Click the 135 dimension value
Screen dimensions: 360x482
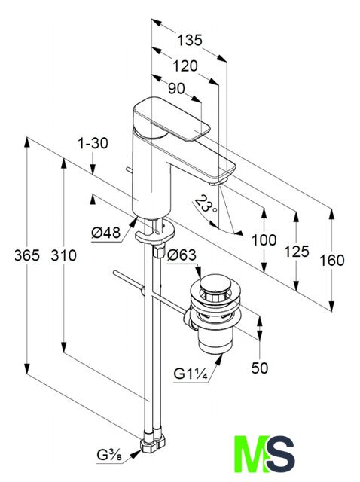pos(190,40)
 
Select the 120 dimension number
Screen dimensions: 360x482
pos(185,66)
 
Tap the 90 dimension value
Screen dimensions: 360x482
pos(176,89)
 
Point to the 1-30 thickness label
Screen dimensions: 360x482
pos(93,143)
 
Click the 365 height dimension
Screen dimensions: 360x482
pos(27,255)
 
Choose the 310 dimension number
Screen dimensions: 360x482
pos(63,255)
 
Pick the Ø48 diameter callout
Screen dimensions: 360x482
pos(105,233)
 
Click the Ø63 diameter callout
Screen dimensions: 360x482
pos(182,255)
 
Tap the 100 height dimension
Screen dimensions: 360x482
pos(264,240)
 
